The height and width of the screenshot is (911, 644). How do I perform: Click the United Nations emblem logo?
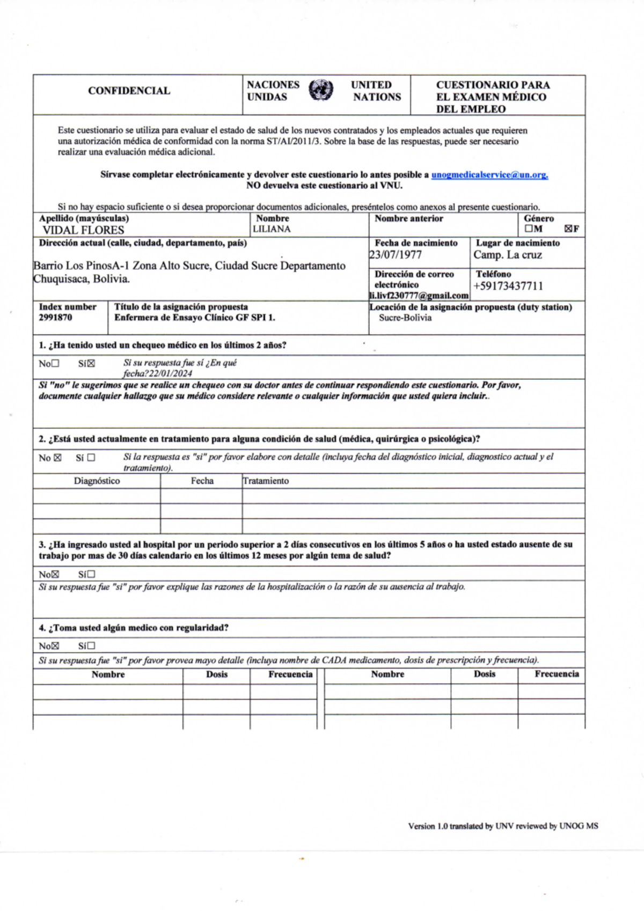[x=321, y=90]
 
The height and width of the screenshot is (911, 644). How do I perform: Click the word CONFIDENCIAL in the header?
[x=129, y=91]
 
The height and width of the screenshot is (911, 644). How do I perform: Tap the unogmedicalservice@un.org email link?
[x=489, y=175]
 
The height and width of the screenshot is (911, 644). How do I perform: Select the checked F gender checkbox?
[x=568, y=229]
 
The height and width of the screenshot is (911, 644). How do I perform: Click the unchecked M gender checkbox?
[x=529, y=229]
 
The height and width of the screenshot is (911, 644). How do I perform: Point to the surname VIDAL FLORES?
[x=83, y=230]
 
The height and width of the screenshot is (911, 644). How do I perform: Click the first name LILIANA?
[x=272, y=229]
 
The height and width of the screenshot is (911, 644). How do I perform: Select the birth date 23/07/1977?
[x=396, y=255]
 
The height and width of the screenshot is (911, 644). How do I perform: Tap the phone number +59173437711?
[x=508, y=286]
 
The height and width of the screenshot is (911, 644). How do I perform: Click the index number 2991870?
[x=55, y=318]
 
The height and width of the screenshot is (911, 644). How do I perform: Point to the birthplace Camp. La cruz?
[x=508, y=255]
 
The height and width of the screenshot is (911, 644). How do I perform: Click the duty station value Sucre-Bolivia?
[x=405, y=318]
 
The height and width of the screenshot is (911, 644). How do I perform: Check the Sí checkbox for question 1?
[x=91, y=363]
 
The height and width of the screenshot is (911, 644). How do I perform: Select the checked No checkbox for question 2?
[x=57, y=458]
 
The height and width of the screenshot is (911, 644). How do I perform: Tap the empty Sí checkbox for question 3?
[x=91, y=574]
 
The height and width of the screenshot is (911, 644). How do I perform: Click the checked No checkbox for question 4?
[x=55, y=646]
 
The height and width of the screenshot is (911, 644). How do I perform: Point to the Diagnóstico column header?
[x=97, y=481]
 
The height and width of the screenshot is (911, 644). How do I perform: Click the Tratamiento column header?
[x=266, y=481]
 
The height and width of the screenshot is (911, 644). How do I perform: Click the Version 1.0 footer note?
[x=503, y=826]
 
